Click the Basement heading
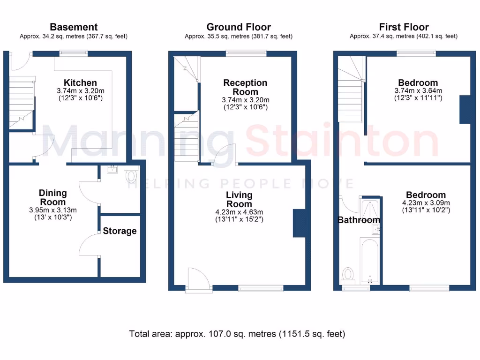[74, 27]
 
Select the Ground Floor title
[239, 27]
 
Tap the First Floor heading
[404, 27]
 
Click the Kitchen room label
[81, 83]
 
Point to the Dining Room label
[52, 197]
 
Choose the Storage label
[120, 231]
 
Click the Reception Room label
[245, 87]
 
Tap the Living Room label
[239, 199]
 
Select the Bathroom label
[359, 220]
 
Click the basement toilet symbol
[131, 176]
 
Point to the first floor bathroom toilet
[348, 273]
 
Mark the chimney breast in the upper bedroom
[465, 109]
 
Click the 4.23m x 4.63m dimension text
[239, 211]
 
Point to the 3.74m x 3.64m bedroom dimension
[418, 91]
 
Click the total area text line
[237, 334]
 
